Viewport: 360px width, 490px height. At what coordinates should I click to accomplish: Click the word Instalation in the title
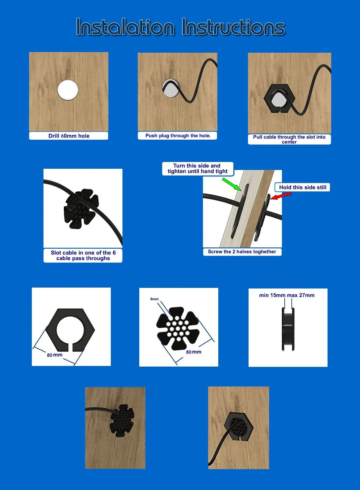coord(125,27)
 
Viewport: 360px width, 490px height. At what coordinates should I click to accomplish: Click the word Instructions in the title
coord(233,27)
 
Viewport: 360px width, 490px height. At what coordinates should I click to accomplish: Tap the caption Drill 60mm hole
coord(69,136)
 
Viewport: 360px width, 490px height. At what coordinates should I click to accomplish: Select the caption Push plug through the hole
coord(178,136)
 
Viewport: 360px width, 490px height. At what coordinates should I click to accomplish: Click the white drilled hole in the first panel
coord(68,90)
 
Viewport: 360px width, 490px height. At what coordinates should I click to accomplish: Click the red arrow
coord(281,196)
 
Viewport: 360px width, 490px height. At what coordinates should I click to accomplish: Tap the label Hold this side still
coord(302,187)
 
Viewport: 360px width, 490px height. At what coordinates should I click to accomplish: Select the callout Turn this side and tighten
coord(197,168)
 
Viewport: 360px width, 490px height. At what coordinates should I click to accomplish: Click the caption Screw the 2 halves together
coord(242,251)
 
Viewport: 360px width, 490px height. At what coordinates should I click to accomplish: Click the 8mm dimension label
coord(154,299)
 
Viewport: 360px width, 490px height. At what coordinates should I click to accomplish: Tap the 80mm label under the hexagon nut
coord(55,355)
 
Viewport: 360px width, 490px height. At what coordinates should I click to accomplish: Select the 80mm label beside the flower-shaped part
coord(193,352)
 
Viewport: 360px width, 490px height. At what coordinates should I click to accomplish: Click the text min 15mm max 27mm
coord(287,295)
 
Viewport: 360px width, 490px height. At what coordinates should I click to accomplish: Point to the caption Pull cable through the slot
coord(289,139)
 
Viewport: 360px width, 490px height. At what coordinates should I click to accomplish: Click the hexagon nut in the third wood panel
coord(279,99)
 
